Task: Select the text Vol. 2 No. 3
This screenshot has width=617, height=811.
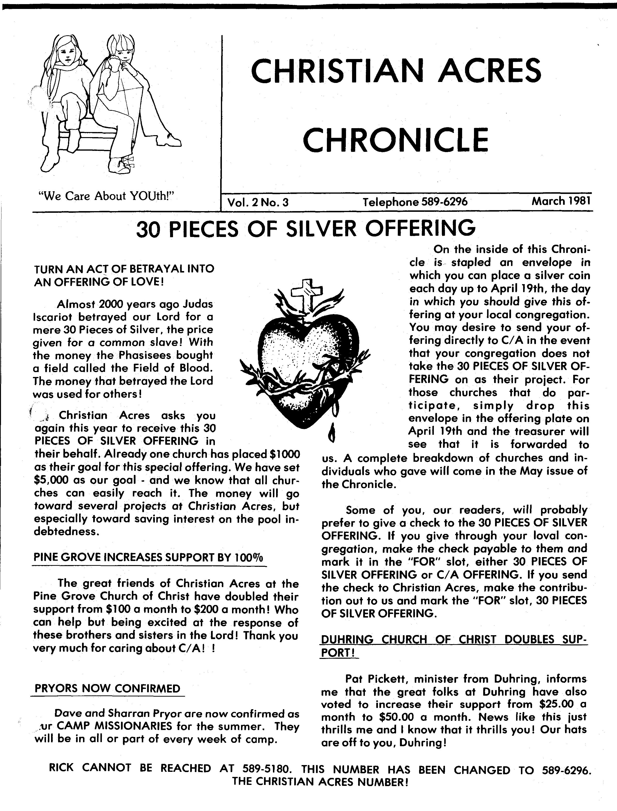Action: click(x=258, y=202)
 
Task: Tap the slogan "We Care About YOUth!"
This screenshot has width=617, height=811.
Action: click(x=106, y=196)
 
